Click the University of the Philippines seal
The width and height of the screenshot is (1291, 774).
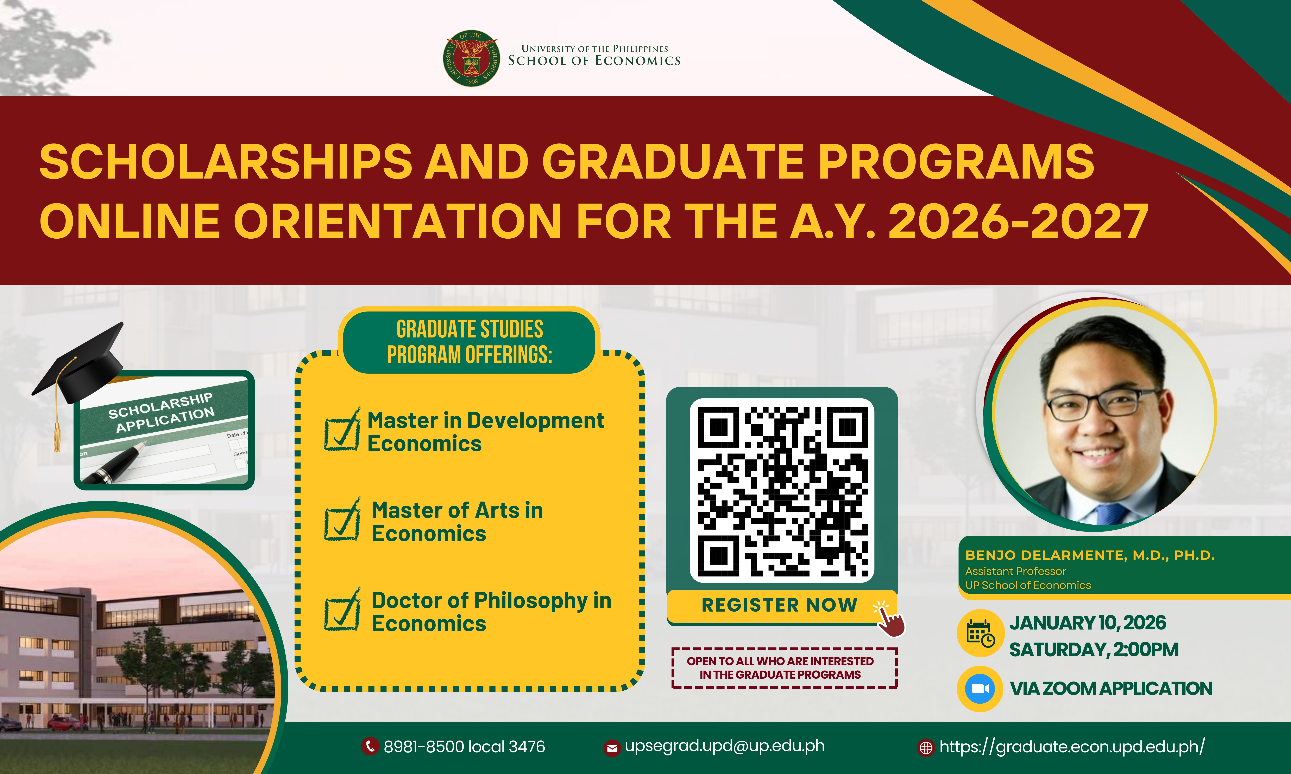pyautogui.click(x=471, y=58)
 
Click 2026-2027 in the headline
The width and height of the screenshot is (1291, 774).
pyautogui.click(x=1018, y=221)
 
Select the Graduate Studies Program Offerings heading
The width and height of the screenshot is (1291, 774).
pyautogui.click(x=470, y=342)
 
